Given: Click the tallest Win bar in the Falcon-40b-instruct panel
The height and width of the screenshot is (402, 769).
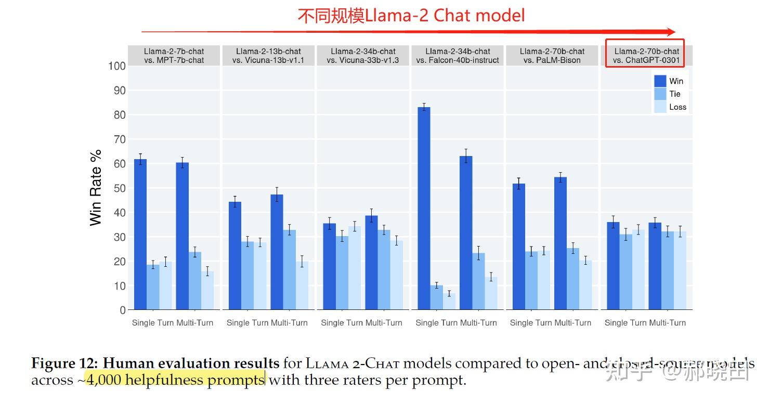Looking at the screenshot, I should (424, 208).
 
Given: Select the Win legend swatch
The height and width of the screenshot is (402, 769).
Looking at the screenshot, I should (660, 81).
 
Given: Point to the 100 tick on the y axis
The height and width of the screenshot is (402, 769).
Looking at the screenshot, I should (117, 66).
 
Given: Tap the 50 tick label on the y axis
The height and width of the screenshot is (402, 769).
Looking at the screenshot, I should (120, 188).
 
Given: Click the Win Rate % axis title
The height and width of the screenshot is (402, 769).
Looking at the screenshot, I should (96, 188).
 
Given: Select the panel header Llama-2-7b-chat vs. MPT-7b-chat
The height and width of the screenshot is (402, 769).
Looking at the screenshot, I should (174, 56).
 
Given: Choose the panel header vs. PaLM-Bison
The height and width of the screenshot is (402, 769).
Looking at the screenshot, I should (552, 56).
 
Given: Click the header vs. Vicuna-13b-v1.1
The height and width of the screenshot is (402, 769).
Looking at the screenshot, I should (268, 56).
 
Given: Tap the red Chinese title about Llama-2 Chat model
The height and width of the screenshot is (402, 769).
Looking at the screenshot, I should (411, 16).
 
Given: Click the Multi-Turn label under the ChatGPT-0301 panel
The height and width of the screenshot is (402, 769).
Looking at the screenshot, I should (667, 323).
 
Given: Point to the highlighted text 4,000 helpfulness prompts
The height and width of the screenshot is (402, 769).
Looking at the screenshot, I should (176, 380).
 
